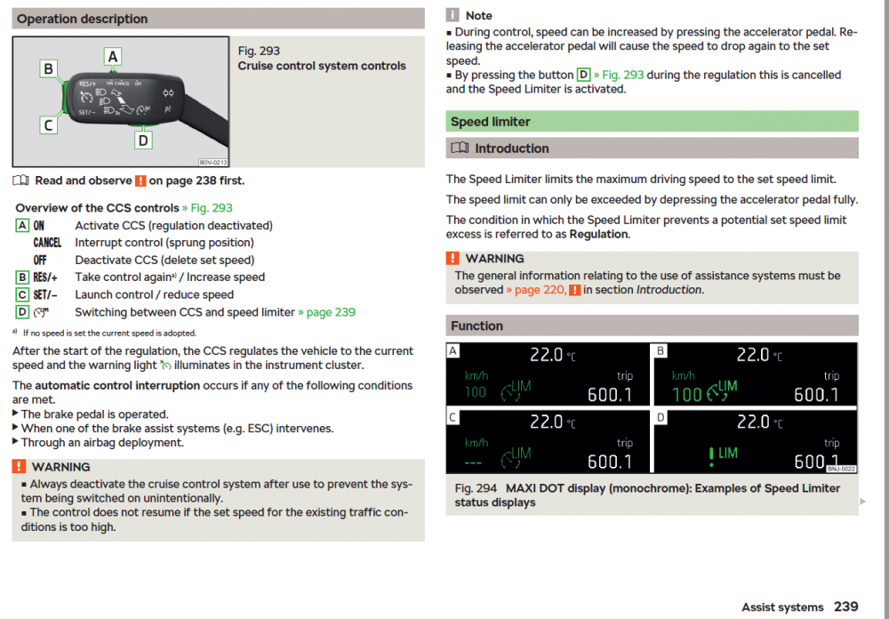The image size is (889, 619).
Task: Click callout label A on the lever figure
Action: tap(113, 57)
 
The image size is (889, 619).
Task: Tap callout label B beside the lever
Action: tap(49, 68)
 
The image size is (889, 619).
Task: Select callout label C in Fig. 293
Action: tap(49, 125)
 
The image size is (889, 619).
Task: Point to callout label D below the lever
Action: tap(143, 140)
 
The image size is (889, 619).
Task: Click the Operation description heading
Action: tap(82, 19)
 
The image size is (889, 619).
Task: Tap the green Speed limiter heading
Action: tap(490, 122)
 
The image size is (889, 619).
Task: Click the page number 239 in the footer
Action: tap(846, 607)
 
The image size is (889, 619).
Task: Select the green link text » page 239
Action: tap(326, 312)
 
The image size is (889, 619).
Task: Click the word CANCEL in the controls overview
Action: tap(47, 243)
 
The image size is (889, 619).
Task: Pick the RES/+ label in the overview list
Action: tap(45, 277)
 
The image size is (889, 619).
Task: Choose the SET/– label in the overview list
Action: tap(45, 295)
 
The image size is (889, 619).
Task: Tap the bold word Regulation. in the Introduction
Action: tap(599, 234)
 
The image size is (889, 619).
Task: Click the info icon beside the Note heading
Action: tap(452, 15)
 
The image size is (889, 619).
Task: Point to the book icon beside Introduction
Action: tap(460, 149)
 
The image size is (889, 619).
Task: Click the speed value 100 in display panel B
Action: tap(686, 394)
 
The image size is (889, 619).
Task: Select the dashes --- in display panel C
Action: tap(474, 463)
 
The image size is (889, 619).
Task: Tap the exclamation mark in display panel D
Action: tap(711, 456)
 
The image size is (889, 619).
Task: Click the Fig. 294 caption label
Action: tap(476, 488)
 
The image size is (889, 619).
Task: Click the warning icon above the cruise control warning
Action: tap(19, 466)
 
